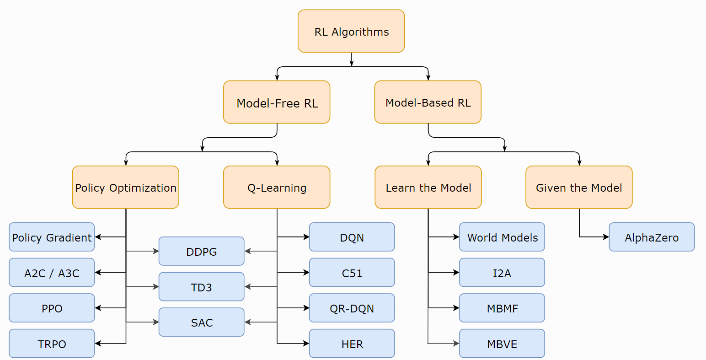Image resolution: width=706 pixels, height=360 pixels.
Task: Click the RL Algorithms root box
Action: [351, 31]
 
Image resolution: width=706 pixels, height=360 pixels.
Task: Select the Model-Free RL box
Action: [277, 102]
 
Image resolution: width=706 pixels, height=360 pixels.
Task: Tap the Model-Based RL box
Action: [428, 102]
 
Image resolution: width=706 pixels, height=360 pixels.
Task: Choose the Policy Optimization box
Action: [125, 188]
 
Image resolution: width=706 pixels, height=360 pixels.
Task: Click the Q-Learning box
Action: [277, 188]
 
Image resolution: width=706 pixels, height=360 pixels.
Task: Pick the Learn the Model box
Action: [428, 188]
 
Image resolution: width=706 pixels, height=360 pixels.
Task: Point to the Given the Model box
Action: [579, 188]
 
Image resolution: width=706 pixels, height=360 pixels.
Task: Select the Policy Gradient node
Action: [52, 237]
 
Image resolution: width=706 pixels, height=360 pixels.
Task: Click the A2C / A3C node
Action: [52, 273]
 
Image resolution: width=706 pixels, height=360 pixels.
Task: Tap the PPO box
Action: [52, 308]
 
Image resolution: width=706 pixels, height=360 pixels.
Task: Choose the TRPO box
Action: [52, 344]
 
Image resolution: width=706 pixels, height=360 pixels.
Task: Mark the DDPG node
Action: [202, 251]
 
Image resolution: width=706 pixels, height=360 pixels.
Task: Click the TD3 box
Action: [202, 287]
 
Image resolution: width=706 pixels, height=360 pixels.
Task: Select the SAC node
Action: [202, 322]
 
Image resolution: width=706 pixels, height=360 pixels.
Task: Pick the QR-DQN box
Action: [352, 308]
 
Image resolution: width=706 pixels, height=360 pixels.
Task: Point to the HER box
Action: [352, 344]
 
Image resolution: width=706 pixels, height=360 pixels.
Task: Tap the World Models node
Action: [502, 237]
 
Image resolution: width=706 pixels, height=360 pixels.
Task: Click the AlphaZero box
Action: [652, 237]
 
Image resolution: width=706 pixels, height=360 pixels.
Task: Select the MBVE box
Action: [502, 344]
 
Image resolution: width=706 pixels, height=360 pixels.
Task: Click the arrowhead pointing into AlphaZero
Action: [606, 237]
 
